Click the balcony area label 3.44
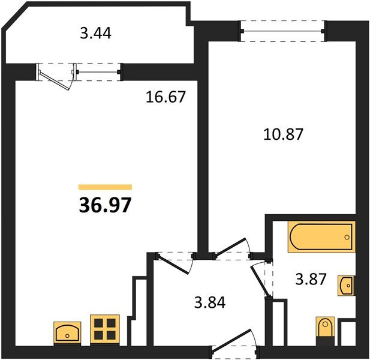95,33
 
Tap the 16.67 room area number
166,97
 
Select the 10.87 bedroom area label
283,134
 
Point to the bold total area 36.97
105,205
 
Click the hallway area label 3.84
210,302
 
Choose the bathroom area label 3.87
311,279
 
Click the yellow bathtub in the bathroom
321,237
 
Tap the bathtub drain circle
347,237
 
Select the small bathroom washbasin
345,286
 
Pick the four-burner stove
105,329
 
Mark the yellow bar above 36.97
105,187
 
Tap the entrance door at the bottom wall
231,339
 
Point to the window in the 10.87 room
283,31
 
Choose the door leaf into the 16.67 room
174,265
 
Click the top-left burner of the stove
98,322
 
